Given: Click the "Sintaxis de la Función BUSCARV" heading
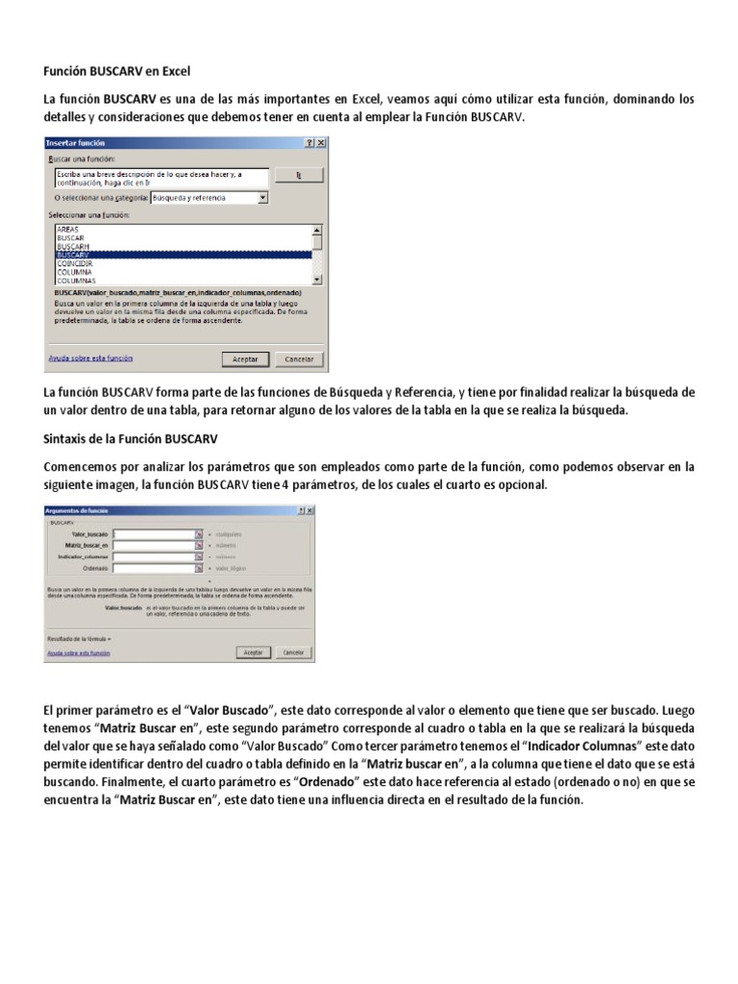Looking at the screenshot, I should pos(131,439).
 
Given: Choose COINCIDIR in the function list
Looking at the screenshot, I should pos(75,262).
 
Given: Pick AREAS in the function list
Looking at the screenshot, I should pos(68,230).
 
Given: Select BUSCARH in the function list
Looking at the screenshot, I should pos(73,246).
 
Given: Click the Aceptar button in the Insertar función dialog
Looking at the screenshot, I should pos(245,358).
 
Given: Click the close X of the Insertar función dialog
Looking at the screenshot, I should pos(321,142).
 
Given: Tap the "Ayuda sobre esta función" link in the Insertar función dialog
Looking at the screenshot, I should pos(90,357).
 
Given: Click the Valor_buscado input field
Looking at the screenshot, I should pos(154,532).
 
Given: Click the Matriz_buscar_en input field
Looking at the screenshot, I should pos(154,544).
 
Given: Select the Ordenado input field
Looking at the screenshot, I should pos(154,567).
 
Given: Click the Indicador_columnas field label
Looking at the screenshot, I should pos(83,555).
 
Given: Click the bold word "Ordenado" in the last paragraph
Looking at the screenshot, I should pos(326,781).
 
